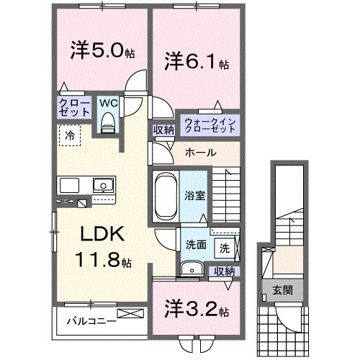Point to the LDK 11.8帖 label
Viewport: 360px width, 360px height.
102,247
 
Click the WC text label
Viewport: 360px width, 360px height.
107,103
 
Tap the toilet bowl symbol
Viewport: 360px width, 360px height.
108,123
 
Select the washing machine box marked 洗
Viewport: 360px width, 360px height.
225,248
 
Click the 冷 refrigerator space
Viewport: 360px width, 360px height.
70,135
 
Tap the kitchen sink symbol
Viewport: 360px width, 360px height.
103,185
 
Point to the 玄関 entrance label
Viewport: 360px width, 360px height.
282,290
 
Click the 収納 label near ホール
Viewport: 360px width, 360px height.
163,130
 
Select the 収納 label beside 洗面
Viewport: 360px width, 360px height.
225,271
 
